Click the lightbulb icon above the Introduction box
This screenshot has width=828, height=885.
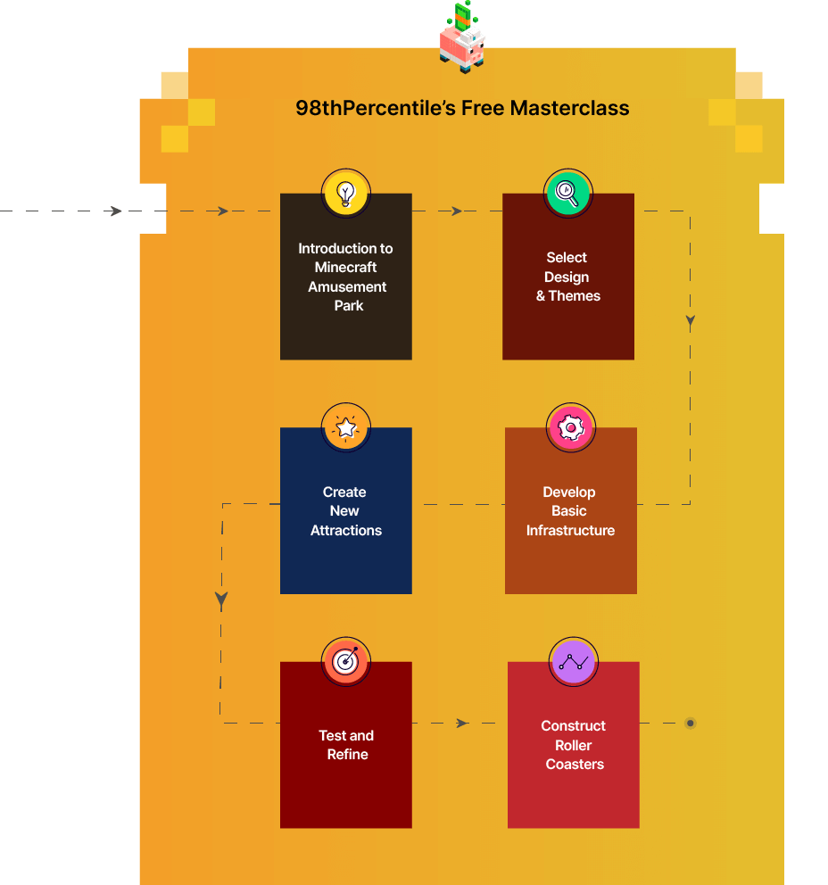click(x=346, y=193)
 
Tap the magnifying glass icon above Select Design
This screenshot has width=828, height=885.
click(x=567, y=193)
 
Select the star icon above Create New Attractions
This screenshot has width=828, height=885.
click(x=346, y=426)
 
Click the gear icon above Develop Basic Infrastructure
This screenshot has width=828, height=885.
click(x=569, y=427)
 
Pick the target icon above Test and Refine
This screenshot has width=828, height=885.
click(x=345, y=661)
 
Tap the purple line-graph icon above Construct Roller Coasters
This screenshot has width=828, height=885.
click(x=573, y=661)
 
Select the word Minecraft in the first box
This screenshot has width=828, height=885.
click(x=345, y=268)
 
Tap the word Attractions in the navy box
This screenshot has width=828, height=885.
click(x=346, y=531)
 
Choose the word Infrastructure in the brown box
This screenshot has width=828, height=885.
click(x=570, y=531)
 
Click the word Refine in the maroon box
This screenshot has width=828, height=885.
click(x=347, y=755)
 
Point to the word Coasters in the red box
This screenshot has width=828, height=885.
click(x=575, y=765)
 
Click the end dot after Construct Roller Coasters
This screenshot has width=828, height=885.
click(x=690, y=723)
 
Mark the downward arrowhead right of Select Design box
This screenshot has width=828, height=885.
click(x=690, y=322)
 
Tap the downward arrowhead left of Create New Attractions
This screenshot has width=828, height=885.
click(x=221, y=600)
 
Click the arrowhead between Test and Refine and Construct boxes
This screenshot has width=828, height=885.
click(x=461, y=723)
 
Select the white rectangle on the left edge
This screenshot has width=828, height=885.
click(x=131, y=208)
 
